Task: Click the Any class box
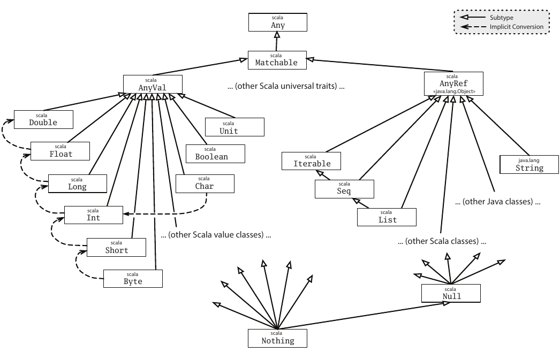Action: [x=278, y=22]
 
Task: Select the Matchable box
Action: [x=276, y=60]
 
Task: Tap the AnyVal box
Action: [x=153, y=84]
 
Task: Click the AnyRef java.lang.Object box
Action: [x=453, y=84]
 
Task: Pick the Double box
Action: [x=43, y=119]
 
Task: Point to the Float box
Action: [x=59, y=151]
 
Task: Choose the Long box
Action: [x=77, y=183]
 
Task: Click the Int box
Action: [x=93, y=215]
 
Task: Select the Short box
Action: [x=116, y=247]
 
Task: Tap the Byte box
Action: [x=133, y=278]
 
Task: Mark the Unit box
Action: [x=235, y=127]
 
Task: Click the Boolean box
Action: [x=215, y=154]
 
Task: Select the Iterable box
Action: [x=312, y=160]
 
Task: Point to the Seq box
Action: [x=344, y=188]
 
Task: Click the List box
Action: [x=387, y=217]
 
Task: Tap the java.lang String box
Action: [x=529, y=164]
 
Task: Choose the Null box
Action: [x=451, y=293]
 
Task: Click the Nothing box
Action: [x=278, y=338]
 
